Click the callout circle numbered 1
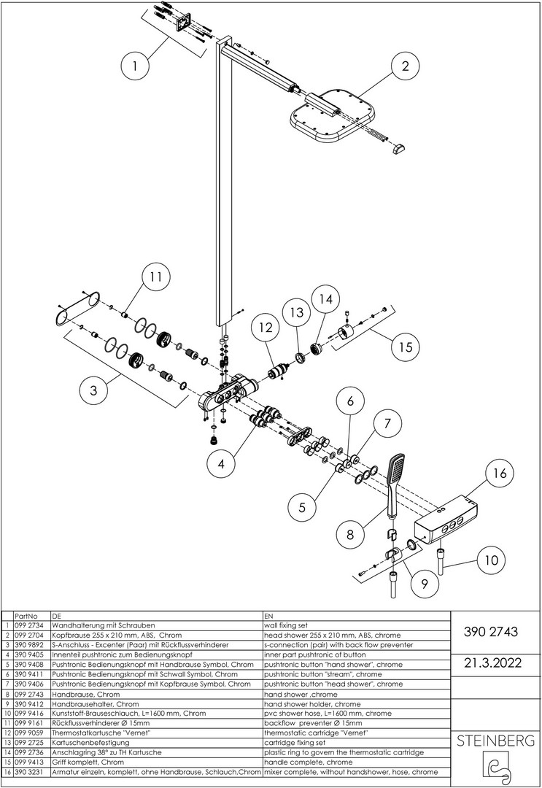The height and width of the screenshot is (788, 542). (136, 66)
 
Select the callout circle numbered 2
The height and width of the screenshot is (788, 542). (406, 66)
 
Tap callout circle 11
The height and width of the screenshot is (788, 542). (156, 277)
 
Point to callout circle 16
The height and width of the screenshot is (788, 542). (500, 473)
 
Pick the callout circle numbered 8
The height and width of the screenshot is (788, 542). (349, 533)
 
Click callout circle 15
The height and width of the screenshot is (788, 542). (406, 347)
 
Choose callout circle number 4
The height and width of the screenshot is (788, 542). (222, 464)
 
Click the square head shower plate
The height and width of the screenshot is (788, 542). (333, 117)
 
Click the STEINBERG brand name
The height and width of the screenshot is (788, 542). (495, 740)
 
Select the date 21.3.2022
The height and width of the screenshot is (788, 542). (493, 663)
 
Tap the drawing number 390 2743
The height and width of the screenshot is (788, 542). (491, 631)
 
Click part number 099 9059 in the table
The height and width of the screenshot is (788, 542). (31, 733)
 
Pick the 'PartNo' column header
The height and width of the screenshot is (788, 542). (26, 616)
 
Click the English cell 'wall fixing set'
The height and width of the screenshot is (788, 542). (286, 625)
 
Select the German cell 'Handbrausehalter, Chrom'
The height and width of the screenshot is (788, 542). (96, 703)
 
